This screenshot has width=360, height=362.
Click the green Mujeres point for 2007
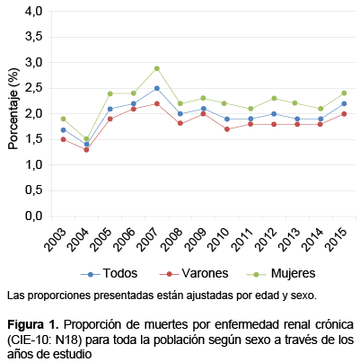157,68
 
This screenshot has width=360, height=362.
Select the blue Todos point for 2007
157,88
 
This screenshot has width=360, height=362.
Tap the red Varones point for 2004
86,150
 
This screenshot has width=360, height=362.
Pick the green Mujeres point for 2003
63,119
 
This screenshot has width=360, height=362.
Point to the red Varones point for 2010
227,129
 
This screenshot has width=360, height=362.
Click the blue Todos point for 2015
344,103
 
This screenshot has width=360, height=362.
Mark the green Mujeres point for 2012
274,98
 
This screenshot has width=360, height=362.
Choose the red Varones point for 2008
180,123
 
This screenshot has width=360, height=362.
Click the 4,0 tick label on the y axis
34,12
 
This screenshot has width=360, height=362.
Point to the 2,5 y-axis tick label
34,88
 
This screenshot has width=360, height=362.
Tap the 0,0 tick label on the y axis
34,216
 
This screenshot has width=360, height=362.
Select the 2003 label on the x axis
55,240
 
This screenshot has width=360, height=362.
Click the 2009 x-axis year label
196,240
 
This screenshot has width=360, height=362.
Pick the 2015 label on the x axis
336,240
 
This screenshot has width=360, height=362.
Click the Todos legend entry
110,273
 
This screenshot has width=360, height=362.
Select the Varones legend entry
194,273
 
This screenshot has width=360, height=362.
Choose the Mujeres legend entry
281,273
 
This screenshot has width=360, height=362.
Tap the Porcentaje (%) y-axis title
13,109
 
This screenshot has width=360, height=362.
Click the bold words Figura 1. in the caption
32,324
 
